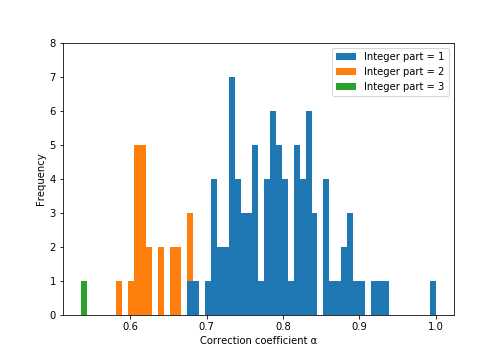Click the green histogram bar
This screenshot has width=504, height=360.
pyautogui.click(x=84, y=298)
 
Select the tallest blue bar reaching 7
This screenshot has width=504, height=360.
pyautogui.click(x=232, y=196)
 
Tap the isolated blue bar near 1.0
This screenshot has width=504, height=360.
pyautogui.click(x=433, y=298)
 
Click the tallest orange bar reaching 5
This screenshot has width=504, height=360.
pyautogui.click(x=140, y=230)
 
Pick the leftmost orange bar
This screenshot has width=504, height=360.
pyautogui.click(x=119, y=298)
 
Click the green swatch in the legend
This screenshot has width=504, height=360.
pyautogui.click(x=346, y=86)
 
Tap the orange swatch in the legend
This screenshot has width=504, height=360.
pyautogui.click(x=346, y=71)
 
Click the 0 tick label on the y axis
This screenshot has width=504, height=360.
pyautogui.click(x=53, y=315)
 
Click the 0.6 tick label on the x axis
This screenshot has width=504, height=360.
pyautogui.click(x=130, y=326)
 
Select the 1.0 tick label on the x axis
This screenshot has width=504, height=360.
pyautogui.click(x=436, y=326)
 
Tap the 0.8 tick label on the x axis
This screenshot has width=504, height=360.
pyautogui.click(x=283, y=326)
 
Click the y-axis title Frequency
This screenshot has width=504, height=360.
pyautogui.click(x=40, y=180)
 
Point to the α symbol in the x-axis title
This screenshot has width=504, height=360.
pyautogui.click(x=313, y=341)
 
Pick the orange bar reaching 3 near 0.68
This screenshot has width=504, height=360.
pyautogui.click(x=190, y=247)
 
